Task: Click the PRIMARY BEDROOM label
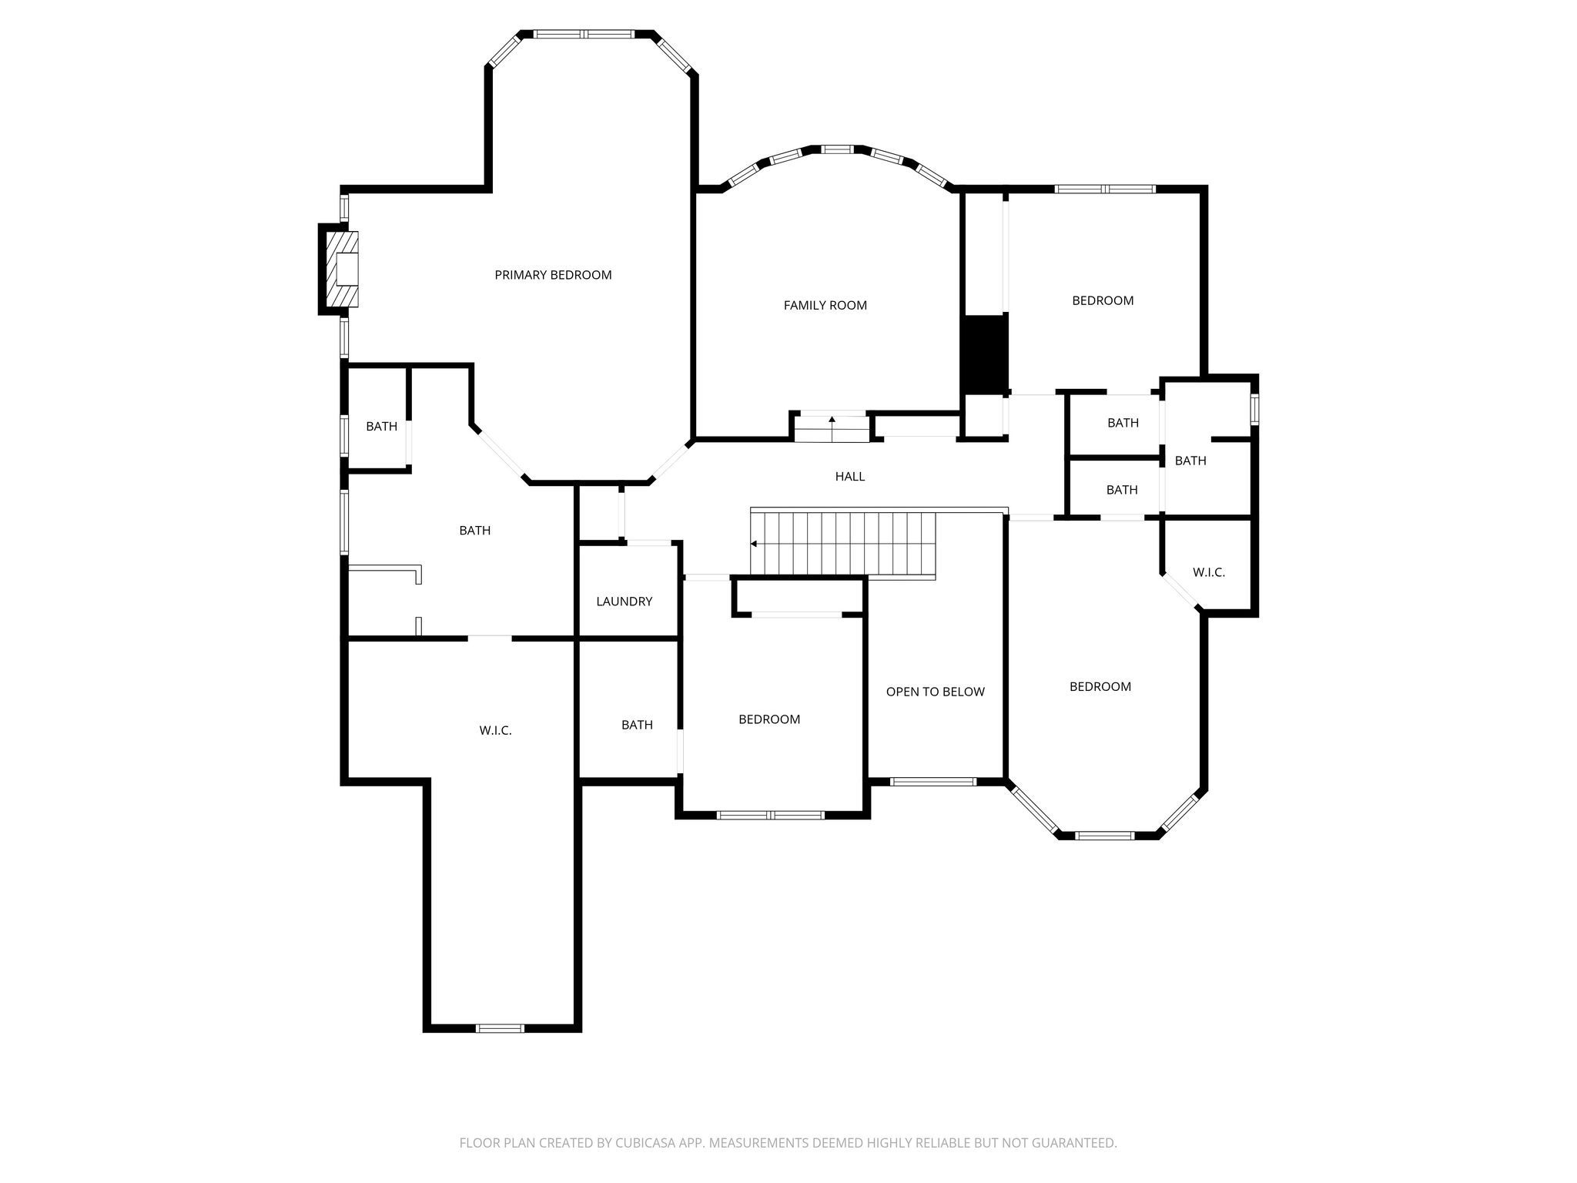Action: coord(553,275)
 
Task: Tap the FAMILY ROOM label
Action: coord(825,305)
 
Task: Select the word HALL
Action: coord(850,477)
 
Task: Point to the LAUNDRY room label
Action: coord(624,602)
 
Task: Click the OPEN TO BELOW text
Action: coord(936,692)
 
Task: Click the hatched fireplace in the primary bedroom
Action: coord(343,270)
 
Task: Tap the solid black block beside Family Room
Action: coord(984,354)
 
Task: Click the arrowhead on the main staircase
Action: coord(755,544)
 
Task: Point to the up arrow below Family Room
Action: coord(832,420)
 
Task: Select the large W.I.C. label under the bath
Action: coord(496,730)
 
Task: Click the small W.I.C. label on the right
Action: coord(1209,572)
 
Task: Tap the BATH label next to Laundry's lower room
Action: coord(638,725)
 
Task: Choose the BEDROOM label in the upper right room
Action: coord(1103,300)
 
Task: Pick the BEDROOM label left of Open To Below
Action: coord(769,719)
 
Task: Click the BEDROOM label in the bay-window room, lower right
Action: coord(1100,686)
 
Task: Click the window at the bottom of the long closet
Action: coord(501,1028)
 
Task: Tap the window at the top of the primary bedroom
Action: coord(585,34)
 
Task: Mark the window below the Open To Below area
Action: coord(933,782)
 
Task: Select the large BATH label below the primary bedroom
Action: coord(475,530)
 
